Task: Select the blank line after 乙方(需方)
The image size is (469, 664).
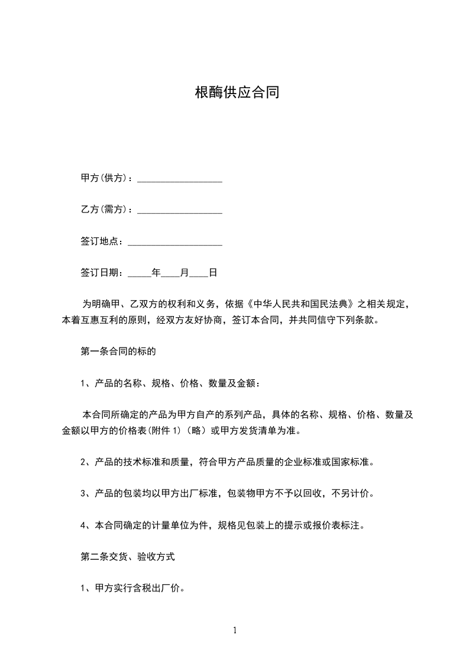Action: click(180, 210)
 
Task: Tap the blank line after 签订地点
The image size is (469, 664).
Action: click(175, 241)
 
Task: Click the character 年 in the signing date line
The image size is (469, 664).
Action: click(156, 273)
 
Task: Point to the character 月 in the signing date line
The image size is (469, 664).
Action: click(185, 273)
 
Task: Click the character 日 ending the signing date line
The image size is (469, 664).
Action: click(213, 273)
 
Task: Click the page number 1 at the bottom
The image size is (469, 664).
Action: click(235, 630)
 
